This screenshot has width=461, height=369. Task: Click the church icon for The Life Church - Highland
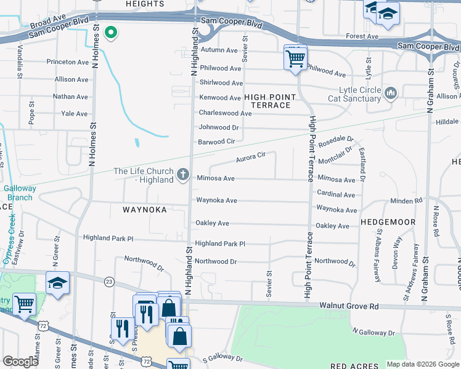point(182,175)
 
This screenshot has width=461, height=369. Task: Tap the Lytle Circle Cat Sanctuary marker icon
point(390,93)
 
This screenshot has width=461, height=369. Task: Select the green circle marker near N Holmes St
point(111,33)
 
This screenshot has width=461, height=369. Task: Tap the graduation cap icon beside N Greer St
point(57,283)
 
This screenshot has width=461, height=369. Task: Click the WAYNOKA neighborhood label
point(144,210)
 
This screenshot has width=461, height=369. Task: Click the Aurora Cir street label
point(250,158)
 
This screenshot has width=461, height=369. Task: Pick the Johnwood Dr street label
point(218,127)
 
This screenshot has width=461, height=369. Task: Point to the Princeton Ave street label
point(68,62)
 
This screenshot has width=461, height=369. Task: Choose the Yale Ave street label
point(75,114)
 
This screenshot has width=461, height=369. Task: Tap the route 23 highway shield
point(108,281)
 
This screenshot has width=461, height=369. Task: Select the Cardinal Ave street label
point(336,194)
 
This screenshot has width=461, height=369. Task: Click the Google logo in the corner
point(20,362)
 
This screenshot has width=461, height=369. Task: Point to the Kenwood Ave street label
point(219,98)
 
